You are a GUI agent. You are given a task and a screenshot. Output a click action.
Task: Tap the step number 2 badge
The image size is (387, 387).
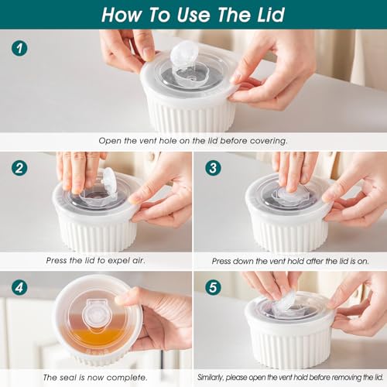[20, 167]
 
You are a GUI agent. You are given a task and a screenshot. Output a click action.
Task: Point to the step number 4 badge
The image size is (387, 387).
[20, 286]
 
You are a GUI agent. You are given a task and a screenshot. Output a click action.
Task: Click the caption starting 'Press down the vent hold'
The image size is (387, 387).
[290, 262]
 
